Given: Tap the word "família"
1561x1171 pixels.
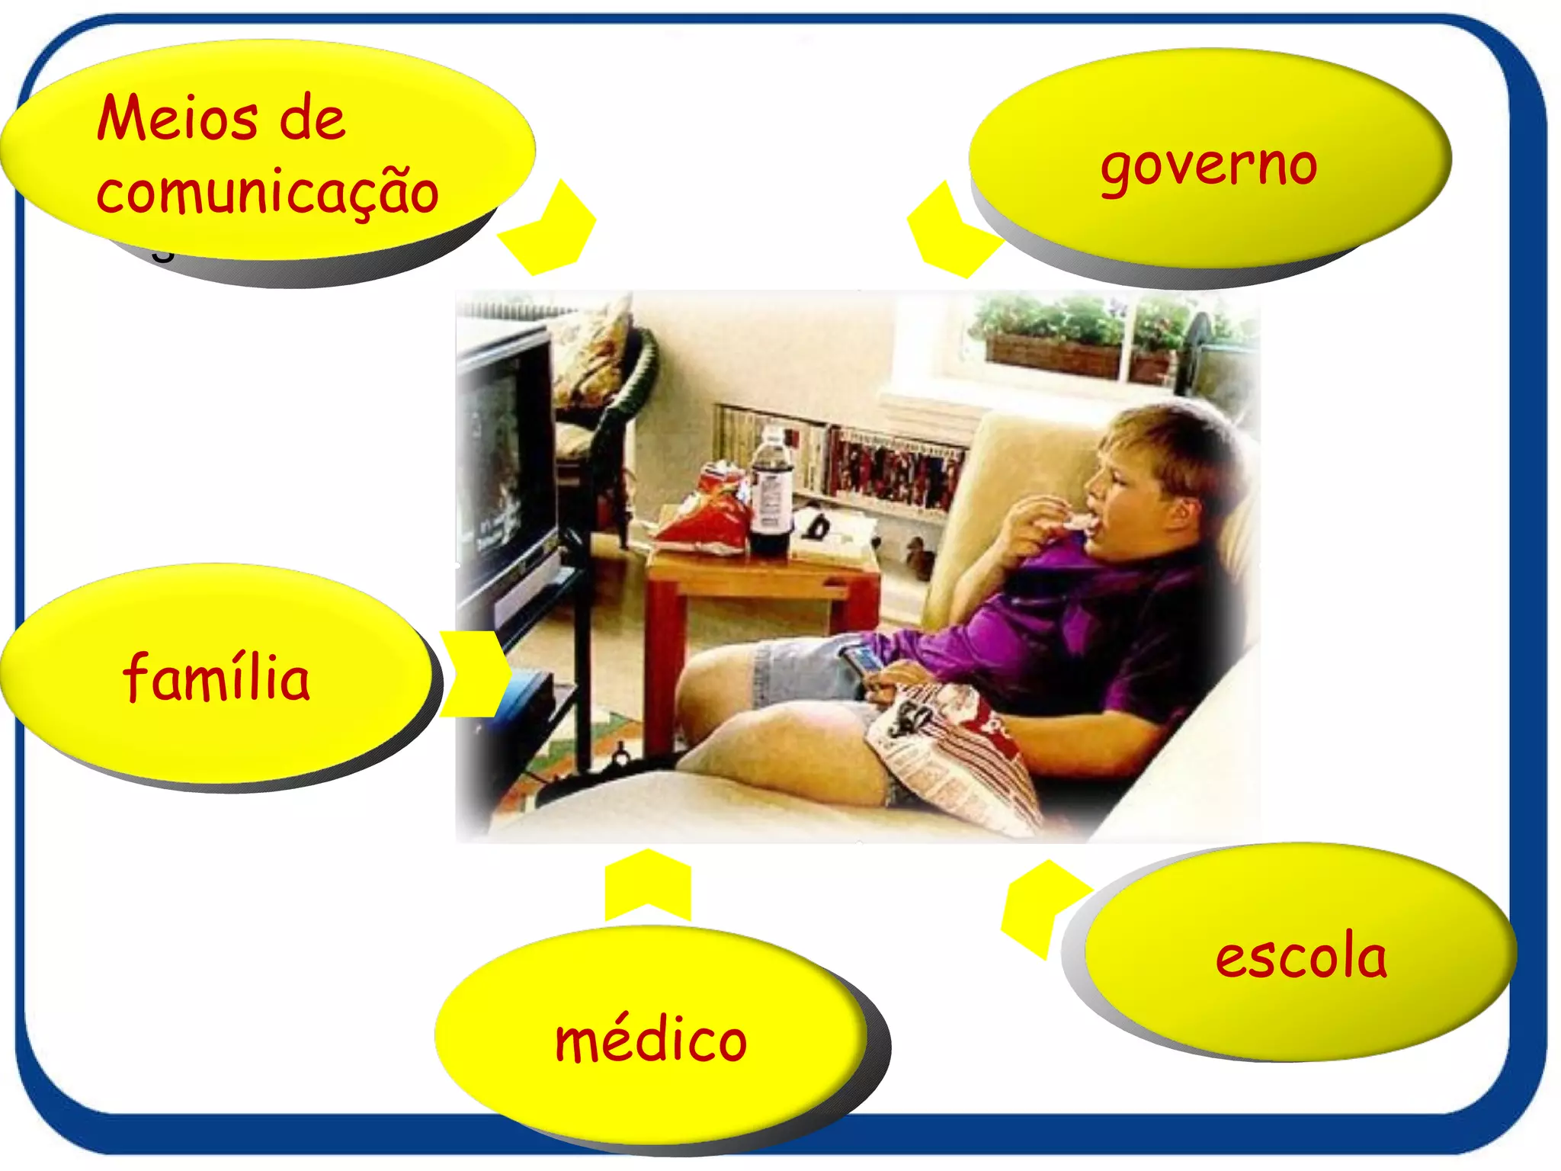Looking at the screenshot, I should tap(216, 677).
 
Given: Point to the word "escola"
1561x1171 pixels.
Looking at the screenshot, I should tap(1301, 956).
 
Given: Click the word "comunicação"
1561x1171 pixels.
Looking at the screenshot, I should tap(267, 192).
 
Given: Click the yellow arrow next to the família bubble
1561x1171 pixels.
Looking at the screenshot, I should tap(474, 674).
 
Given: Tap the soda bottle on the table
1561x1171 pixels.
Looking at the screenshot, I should tap(771, 496).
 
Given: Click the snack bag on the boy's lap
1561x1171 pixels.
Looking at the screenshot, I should tap(953, 755).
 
